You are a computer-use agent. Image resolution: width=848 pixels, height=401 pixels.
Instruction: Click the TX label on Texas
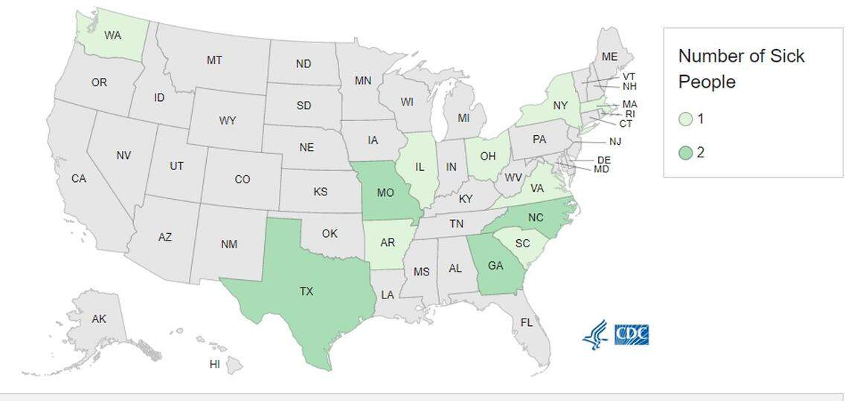coord(306,292)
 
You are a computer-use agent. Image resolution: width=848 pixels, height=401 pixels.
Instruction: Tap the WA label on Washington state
coord(113,35)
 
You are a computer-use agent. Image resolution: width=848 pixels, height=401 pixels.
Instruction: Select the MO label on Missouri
coord(385,193)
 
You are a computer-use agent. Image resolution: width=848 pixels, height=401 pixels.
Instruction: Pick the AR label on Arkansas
coord(387,244)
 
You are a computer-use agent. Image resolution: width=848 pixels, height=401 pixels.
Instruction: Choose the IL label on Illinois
coord(420,167)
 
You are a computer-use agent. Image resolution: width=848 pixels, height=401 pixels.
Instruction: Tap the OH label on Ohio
coord(488,156)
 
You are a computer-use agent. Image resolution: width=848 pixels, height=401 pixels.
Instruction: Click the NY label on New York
coord(560,106)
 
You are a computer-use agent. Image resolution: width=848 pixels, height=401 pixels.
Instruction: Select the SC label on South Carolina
coord(522,244)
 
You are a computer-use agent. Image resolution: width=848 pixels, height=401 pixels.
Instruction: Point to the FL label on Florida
coord(527,322)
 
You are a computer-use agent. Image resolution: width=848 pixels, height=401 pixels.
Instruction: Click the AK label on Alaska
coord(99,319)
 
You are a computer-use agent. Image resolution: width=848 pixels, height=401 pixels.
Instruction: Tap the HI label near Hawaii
coord(215,365)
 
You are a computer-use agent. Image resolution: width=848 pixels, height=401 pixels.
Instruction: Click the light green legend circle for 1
coord(686,119)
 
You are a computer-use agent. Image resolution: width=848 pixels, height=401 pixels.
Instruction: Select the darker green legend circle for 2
coord(686,152)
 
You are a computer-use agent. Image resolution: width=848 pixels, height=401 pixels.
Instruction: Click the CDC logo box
coord(632,333)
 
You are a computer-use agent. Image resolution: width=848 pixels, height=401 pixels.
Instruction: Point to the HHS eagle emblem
coord(595,335)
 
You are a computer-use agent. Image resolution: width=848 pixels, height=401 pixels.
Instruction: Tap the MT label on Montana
coord(214,60)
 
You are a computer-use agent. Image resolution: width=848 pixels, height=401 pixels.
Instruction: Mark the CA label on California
coord(79,179)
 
